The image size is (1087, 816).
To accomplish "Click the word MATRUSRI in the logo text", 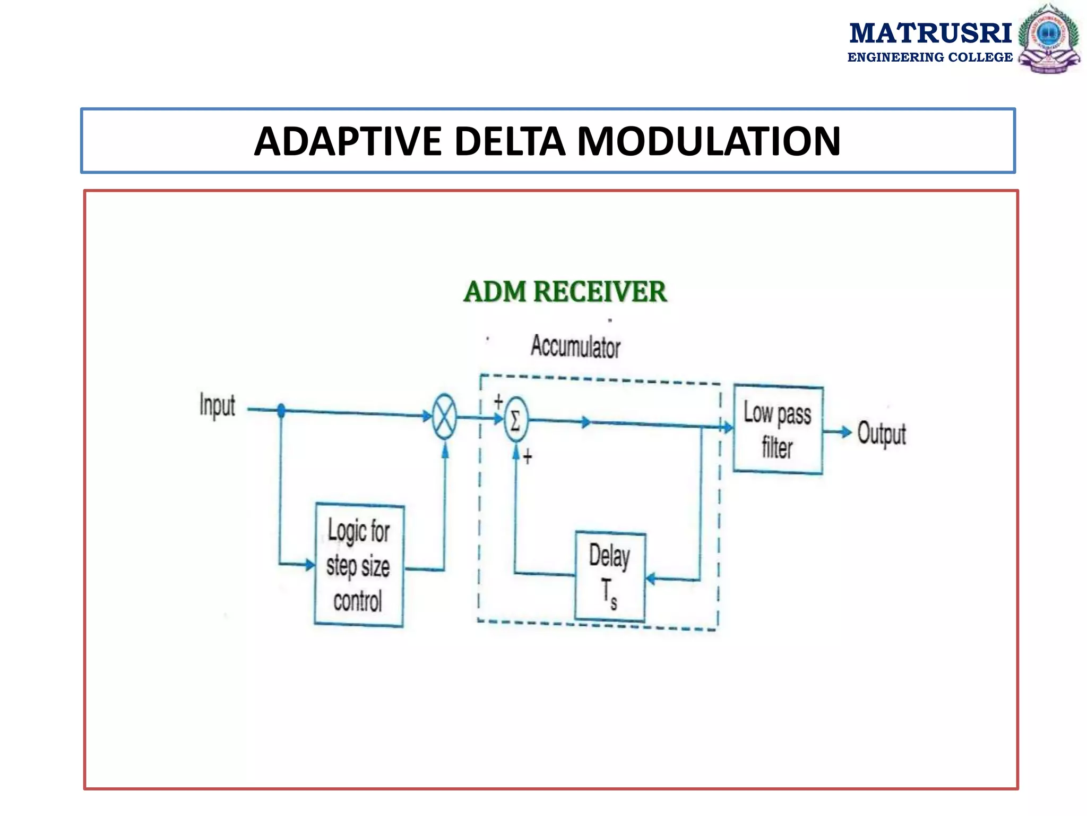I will [x=930, y=33].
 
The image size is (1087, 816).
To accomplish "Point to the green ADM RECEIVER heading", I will [x=565, y=292].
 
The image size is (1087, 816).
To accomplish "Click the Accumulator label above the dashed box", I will [x=575, y=347].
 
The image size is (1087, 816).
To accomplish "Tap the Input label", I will [x=217, y=406].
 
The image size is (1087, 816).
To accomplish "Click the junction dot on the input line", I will [x=281, y=410].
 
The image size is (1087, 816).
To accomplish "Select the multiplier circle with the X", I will [x=444, y=417].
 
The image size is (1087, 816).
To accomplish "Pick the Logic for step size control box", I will [x=359, y=565].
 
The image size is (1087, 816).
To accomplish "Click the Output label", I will [x=881, y=433].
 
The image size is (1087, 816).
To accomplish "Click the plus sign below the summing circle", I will [x=527, y=456].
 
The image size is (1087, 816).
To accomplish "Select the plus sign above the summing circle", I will [x=498, y=401].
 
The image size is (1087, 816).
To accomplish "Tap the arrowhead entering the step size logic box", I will [x=310, y=564].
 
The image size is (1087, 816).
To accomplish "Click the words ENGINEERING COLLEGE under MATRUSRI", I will [x=930, y=57].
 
